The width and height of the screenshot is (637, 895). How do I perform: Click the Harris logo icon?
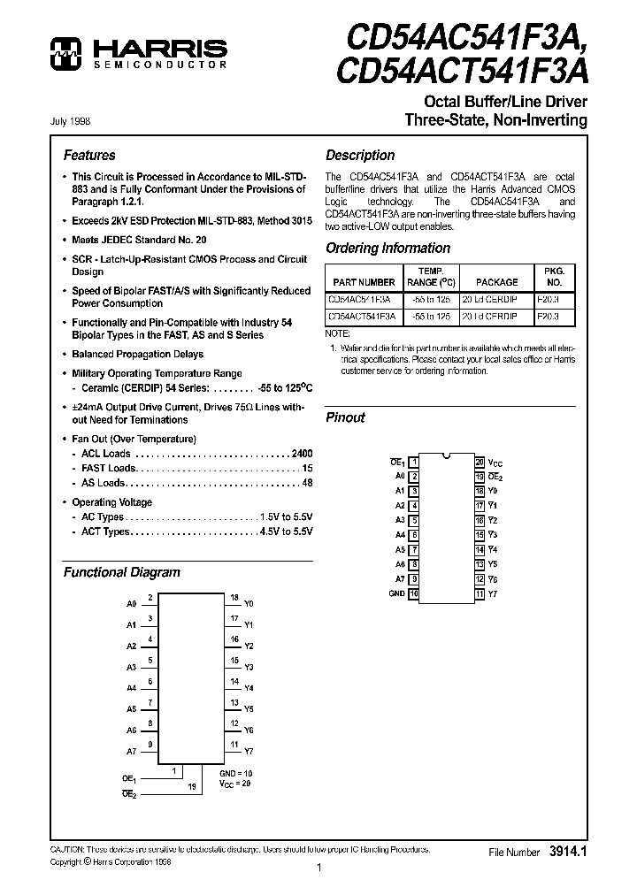[65, 53]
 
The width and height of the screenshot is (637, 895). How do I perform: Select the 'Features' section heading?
[89, 155]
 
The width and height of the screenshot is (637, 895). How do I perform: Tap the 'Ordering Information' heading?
[388, 249]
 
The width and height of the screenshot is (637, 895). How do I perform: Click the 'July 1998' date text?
[70, 120]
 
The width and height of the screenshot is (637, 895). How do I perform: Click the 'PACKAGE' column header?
[496, 282]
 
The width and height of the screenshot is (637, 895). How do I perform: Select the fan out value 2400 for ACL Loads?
[301, 454]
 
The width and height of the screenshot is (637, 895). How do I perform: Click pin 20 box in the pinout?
[479, 462]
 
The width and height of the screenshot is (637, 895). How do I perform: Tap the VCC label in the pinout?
[495, 463]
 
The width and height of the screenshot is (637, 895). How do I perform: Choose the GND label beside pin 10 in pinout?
[396, 593]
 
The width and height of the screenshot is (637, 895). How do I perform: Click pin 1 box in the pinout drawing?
[414, 462]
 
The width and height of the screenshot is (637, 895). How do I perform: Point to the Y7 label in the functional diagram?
[249, 752]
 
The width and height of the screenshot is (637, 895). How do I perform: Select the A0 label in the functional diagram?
[132, 603]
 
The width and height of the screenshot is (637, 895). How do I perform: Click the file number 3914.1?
[568, 852]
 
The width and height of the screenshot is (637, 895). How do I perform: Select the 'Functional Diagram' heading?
[121, 572]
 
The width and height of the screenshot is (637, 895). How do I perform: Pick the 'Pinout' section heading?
[345, 417]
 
